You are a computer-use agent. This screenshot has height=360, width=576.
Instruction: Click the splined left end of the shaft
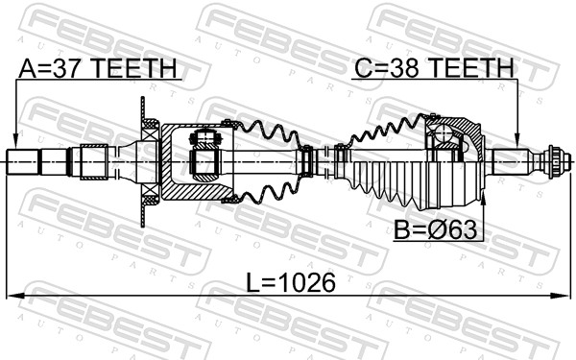click(24, 162)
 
